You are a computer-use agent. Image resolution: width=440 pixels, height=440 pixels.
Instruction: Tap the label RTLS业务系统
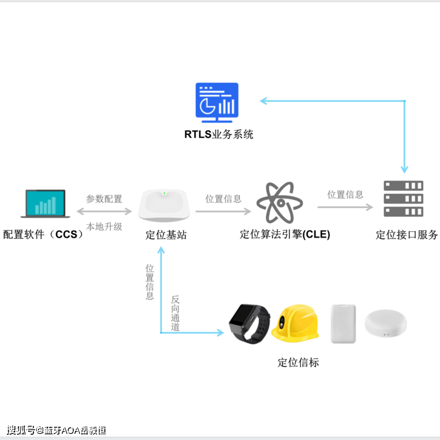pyautogui.click(x=219, y=135)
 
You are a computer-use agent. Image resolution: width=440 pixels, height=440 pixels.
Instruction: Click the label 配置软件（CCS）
pyautogui.click(x=43, y=235)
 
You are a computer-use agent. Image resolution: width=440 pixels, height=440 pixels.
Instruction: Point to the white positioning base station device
pyautogui.click(x=164, y=205)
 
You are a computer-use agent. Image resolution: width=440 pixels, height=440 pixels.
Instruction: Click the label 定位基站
pyautogui.click(x=166, y=235)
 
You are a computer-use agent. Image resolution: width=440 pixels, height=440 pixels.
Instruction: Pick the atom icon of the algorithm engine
pyautogui.click(x=280, y=202)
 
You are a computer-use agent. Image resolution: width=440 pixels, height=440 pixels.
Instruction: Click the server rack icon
pyautogui.click(x=404, y=199)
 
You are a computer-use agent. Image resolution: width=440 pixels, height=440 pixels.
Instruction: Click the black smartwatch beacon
pyautogui.click(x=250, y=323)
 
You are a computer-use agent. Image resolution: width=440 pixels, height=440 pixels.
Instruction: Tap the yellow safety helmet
pyautogui.click(x=295, y=322)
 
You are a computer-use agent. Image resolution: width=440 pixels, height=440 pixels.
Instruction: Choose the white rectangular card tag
pyautogui.click(x=343, y=324)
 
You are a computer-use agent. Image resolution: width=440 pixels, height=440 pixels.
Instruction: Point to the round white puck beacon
pyautogui.click(x=386, y=325)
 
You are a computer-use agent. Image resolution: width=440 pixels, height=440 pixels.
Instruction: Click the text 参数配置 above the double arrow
pyautogui.click(x=104, y=198)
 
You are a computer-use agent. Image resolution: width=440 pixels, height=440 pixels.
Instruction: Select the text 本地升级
pyautogui.click(x=104, y=227)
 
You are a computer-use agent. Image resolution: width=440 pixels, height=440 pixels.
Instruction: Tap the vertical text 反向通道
pyautogui.click(x=175, y=314)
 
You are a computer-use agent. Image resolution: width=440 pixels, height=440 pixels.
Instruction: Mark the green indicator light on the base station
pyautogui.click(x=164, y=193)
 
